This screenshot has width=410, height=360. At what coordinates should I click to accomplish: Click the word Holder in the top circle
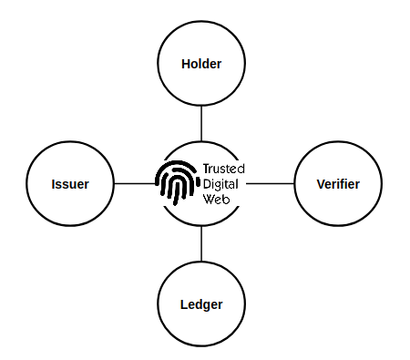click(201, 64)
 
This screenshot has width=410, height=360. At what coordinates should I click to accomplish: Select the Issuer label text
click(70, 184)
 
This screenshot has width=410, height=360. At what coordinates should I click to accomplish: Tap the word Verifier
click(337, 184)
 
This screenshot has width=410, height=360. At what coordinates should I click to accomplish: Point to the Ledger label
click(201, 303)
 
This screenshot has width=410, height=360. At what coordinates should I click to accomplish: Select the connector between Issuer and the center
click(135, 184)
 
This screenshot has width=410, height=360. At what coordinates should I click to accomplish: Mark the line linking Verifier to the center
click(270, 184)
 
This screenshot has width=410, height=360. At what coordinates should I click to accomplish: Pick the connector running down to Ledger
click(201, 244)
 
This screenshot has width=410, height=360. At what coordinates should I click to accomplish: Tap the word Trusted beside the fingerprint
click(223, 169)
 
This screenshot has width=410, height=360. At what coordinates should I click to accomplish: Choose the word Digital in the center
click(221, 183)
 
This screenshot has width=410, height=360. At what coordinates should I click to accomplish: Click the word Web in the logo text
click(215, 198)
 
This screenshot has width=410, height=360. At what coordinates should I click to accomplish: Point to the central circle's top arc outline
click(201, 142)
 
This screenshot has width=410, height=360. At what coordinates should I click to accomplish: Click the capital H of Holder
click(186, 64)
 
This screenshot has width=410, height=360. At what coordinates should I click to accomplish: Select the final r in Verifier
click(357, 184)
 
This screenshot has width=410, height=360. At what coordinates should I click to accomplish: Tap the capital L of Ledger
click(184, 303)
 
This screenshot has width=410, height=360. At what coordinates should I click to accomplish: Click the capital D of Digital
click(207, 183)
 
